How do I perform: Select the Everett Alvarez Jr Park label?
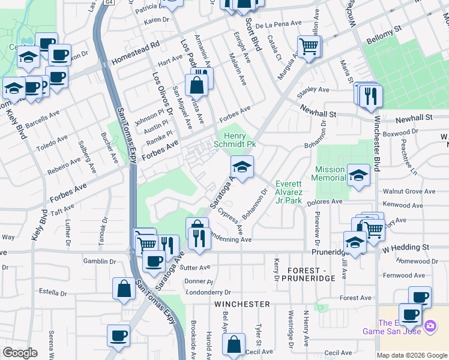tap(288, 192)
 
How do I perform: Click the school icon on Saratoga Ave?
tap(241, 166)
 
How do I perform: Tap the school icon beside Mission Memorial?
tap(358, 175)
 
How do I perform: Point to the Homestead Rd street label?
tap(136, 54)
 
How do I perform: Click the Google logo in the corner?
tap(20, 353)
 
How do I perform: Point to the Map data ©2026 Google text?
tap(412, 355)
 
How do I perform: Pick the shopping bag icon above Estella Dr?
tap(123, 288)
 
